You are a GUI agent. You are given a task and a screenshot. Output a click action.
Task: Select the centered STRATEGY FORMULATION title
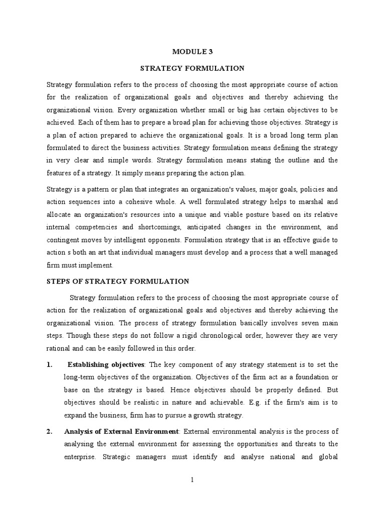pyautogui.click(x=192, y=68)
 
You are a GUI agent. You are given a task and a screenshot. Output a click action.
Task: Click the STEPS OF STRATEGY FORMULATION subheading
pyautogui.click(x=118, y=281)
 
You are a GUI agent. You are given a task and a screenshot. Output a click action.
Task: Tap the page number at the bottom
pyautogui.click(x=192, y=480)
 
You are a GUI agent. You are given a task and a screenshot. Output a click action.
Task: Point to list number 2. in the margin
pyautogui.click(x=51, y=431)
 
